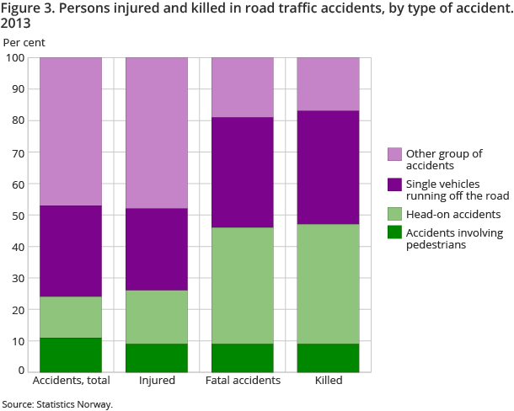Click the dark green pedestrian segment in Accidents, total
tap(71, 354)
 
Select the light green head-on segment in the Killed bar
tap(328, 283)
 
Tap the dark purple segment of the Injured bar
tap(157, 249)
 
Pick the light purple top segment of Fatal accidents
tap(243, 88)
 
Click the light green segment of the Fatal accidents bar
tap(243, 285)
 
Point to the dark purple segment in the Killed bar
tap(328, 167)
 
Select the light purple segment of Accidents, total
tap(71, 131)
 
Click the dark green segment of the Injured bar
tap(157, 357)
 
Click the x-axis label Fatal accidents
tap(243, 382)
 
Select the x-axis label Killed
tap(328, 382)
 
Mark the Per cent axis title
tap(24, 41)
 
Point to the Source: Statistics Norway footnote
tap(57, 404)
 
